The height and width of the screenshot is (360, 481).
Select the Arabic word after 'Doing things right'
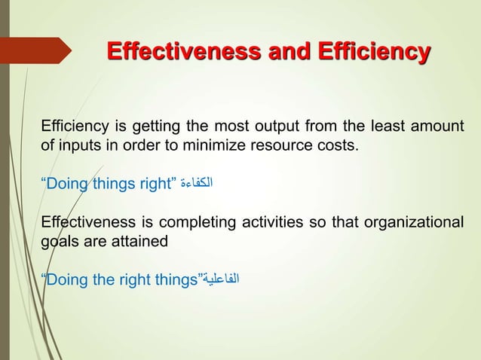point(201,183)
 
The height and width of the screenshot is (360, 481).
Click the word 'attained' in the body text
point(139,242)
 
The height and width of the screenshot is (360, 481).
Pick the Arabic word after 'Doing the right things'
point(222,281)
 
